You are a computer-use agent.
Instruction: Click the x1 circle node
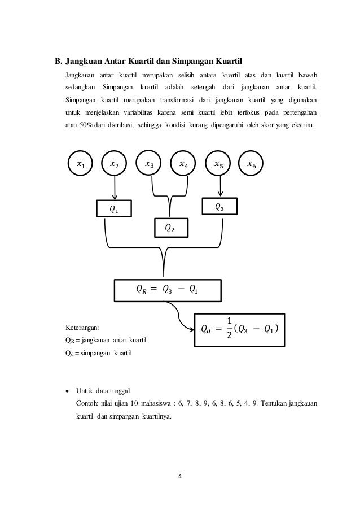(82, 165)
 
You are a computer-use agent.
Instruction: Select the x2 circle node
(115, 165)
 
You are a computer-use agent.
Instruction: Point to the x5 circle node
(220, 165)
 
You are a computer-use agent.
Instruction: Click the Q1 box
(115, 208)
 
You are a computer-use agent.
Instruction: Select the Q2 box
(169, 228)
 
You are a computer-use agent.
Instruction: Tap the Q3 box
(220, 207)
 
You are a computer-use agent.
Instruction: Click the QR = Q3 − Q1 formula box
(169, 290)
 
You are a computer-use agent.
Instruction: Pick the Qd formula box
(239, 328)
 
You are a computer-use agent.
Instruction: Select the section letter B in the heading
(56, 60)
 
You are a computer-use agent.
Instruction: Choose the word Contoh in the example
(86, 404)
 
